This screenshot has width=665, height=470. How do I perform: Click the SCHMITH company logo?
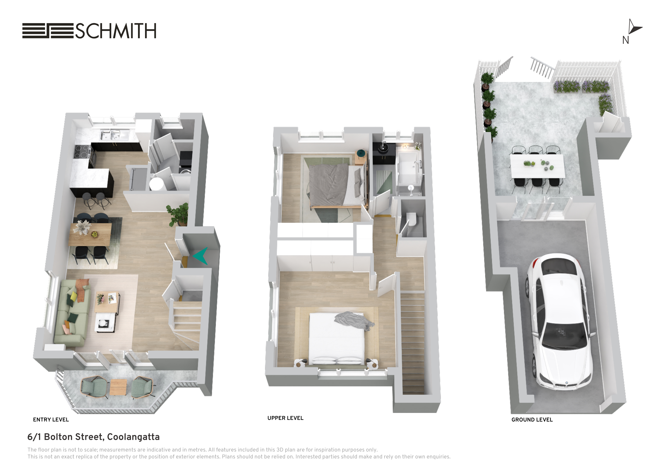89,31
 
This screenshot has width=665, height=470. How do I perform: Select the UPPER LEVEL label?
285,418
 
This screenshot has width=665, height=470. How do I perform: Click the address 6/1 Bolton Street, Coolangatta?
93,437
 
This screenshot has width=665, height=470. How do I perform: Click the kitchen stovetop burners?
82,151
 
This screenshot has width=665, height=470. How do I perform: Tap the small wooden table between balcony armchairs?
118,387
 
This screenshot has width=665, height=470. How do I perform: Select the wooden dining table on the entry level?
90,235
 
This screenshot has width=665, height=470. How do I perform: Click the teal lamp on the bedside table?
361,152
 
